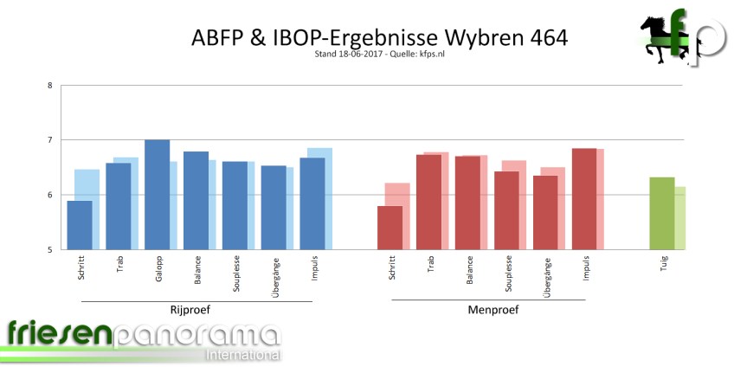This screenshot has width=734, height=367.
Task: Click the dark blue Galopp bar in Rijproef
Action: click(x=157, y=195)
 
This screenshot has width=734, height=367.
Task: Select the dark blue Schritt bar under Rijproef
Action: click(x=80, y=225)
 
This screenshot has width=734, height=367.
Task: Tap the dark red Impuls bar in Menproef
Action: click(x=584, y=199)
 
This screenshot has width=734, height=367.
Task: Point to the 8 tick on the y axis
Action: click(x=50, y=85)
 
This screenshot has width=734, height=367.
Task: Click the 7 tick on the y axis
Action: click(x=50, y=140)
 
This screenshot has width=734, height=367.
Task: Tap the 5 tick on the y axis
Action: click(x=50, y=250)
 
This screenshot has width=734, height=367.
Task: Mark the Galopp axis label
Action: click(x=158, y=267)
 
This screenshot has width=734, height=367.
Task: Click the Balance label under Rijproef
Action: click(x=197, y=268)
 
